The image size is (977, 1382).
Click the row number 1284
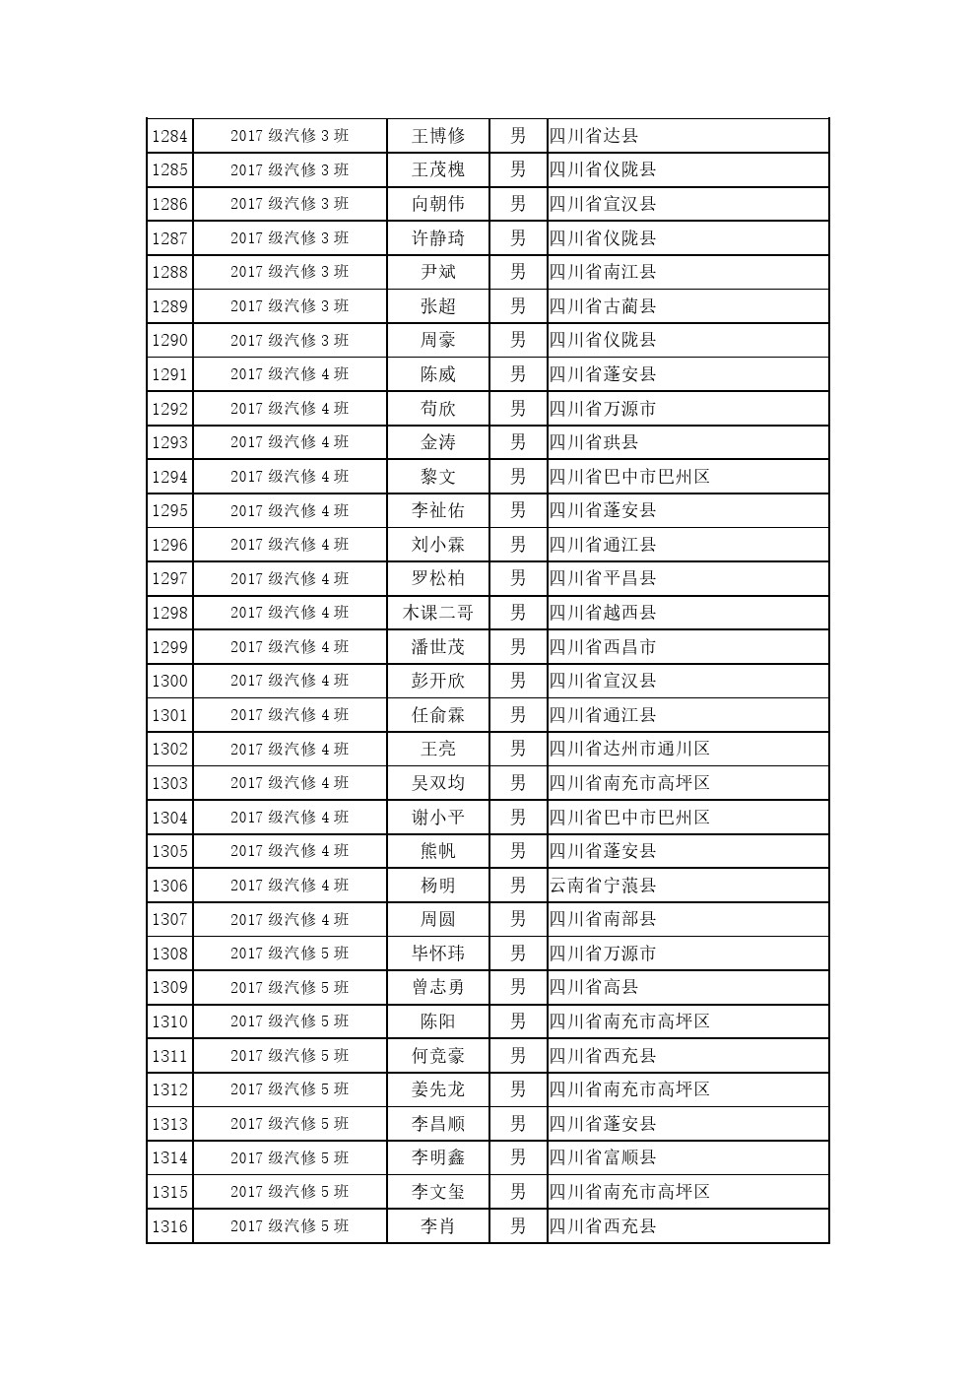169,136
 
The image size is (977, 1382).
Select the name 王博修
437,136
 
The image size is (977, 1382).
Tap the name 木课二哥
437,613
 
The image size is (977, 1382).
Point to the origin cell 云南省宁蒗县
603,886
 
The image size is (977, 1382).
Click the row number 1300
169,681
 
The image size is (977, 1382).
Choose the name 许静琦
437,238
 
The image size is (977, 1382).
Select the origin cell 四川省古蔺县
603,306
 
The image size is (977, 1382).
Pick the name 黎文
437,477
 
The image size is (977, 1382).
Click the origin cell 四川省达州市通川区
629,749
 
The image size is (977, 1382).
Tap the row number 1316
169,1226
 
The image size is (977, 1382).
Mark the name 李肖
437,1226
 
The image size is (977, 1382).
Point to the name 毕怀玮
437,954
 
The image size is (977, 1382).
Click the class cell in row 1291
290,374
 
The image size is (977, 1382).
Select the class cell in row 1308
290,954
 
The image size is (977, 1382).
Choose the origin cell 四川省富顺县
603,1158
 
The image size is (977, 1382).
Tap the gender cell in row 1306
518,886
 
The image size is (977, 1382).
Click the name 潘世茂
437,647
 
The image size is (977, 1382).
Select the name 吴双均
437,783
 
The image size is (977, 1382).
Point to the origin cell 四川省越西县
603,613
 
